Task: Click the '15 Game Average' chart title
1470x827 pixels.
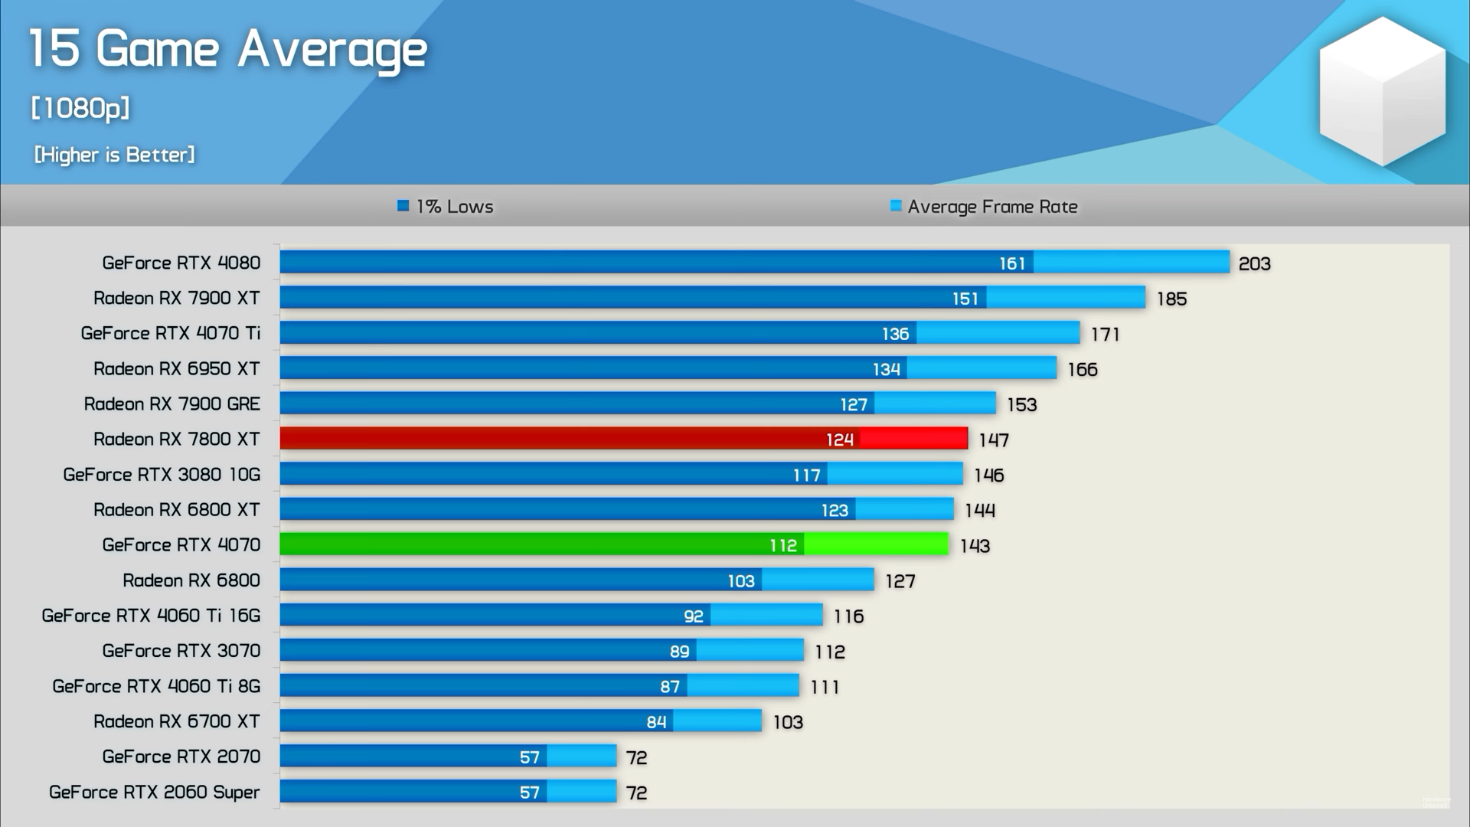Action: point(227,50)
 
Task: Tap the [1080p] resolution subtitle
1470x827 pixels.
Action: point(80,108)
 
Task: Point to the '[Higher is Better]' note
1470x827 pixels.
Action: point(114,155)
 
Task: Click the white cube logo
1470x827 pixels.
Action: point(1382,92)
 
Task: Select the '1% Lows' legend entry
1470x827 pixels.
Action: point(446,207)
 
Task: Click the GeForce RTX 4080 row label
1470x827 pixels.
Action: point(181,263)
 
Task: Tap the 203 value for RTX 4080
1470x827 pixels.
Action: point(1254,263)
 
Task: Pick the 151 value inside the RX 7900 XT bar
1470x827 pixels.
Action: point(965,299)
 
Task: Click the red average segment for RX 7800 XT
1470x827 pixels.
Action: point(913,439)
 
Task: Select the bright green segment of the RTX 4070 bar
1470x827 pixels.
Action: point(876,544)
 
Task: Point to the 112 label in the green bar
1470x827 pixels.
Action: point(783,545)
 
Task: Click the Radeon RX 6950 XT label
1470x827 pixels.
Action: point(177,369)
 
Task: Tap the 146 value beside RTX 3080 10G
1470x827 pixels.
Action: point(988,475)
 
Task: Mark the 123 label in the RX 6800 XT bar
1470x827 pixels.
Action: point(835,510)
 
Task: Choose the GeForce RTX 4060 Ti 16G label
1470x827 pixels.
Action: point(151,616)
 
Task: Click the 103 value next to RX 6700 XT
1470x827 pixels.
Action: point(787,722)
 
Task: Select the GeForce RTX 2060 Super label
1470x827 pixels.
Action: point(155,792)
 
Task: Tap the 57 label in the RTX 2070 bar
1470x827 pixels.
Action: point(529,757)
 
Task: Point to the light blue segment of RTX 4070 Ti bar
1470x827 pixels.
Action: point(998,333)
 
